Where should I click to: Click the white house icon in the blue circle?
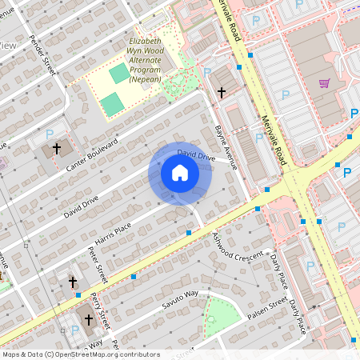coord(180,173)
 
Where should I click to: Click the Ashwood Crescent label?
coord(238,248)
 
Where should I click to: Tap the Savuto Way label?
coord(180,300)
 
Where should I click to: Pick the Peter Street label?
coord(98,265)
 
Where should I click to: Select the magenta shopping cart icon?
coord(325,82)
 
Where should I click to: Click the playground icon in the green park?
coord(211,319)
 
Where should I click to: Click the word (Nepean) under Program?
coord(145,78)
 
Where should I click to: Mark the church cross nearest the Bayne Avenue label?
coord(222,93)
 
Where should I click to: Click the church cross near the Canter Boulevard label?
coord(57,149)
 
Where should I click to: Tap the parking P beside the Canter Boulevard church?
coord(49,134)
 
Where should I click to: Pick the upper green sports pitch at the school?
coord(118,74)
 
